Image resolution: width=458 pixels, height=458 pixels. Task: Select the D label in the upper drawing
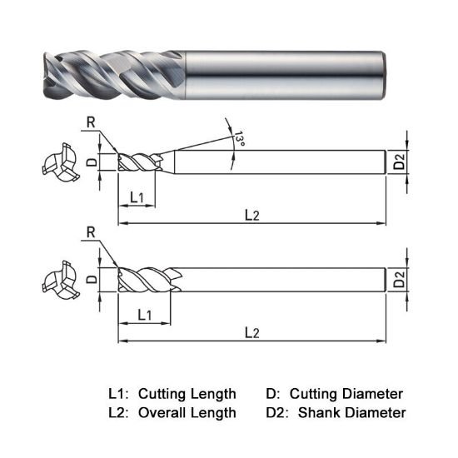92,161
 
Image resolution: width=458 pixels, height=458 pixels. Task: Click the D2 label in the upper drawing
400,162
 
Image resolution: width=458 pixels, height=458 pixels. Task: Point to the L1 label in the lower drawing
143,315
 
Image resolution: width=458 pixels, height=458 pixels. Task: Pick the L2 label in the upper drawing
252,215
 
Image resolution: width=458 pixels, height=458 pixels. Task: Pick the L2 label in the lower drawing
252,332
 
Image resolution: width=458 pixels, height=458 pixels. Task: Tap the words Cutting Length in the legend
187,393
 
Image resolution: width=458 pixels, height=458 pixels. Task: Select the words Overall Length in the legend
187,412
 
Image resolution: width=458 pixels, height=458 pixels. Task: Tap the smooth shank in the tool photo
283,73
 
